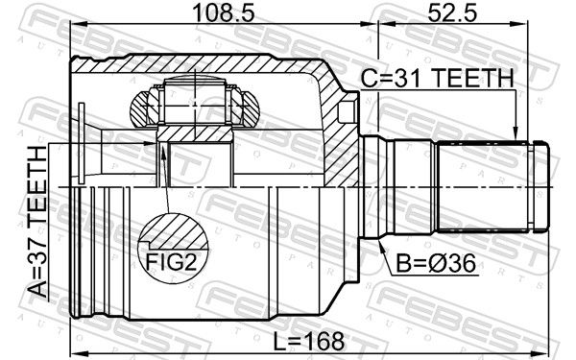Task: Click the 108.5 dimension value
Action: pos(224,12)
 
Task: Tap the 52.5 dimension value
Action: pos(452,12)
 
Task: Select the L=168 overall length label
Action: pos(309,341)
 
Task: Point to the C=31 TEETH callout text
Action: pos(437,79)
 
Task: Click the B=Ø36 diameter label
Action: pos(436,263)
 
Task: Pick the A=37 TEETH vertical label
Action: pos(37,222)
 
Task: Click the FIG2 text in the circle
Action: pos(172,261)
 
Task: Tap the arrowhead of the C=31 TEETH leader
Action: pos(516,133)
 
